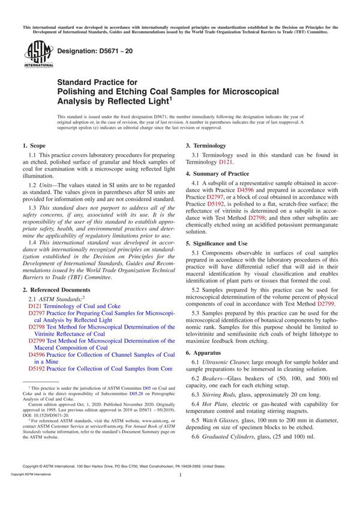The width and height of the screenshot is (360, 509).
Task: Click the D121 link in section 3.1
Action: (x=226, y=162)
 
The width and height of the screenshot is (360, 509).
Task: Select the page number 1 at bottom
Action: (x=180, y=491)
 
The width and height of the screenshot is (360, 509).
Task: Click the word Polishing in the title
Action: (x=81, y=92)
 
